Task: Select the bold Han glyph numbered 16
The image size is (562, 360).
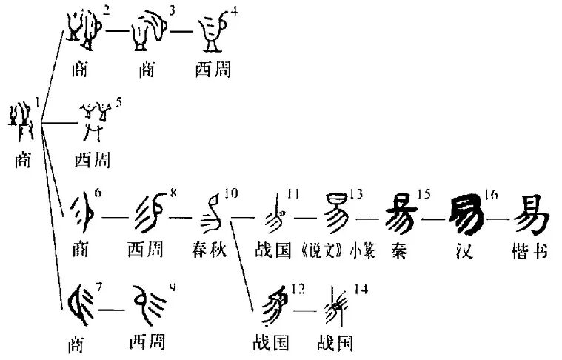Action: click(x=464, y=213)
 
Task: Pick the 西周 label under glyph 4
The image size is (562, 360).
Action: click(x=213, y=70)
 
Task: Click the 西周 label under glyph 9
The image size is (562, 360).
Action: click(x=147, y=342)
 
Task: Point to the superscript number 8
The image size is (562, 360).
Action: click(x=174, y=194)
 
